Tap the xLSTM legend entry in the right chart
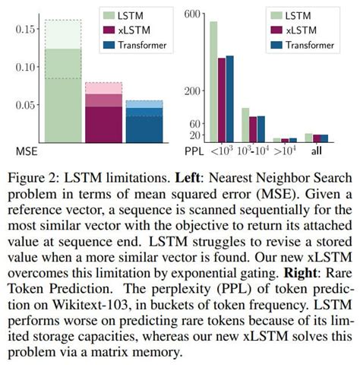(302, 30)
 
